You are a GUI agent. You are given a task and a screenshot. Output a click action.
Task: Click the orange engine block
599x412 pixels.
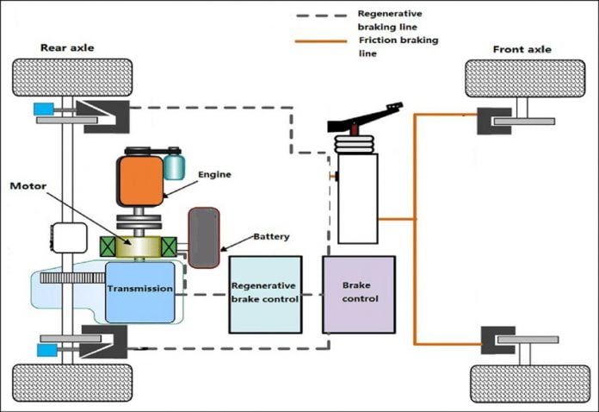[x=140, y=181]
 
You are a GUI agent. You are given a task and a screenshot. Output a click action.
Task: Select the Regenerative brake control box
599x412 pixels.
[x=265, y=294]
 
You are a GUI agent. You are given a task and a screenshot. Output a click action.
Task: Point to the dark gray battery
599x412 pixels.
[x=205, y=237]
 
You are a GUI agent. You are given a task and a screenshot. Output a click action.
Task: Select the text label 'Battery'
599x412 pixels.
[x=272, y=237]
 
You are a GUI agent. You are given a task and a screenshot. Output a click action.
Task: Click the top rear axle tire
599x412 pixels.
[x=72, y=78]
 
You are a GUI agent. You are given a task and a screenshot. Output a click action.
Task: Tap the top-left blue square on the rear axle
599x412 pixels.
[x=43, y=109]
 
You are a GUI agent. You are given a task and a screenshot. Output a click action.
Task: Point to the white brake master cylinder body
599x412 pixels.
[x=357, y=198]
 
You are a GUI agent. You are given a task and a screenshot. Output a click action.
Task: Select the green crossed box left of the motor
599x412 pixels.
[x=111, y=247]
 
